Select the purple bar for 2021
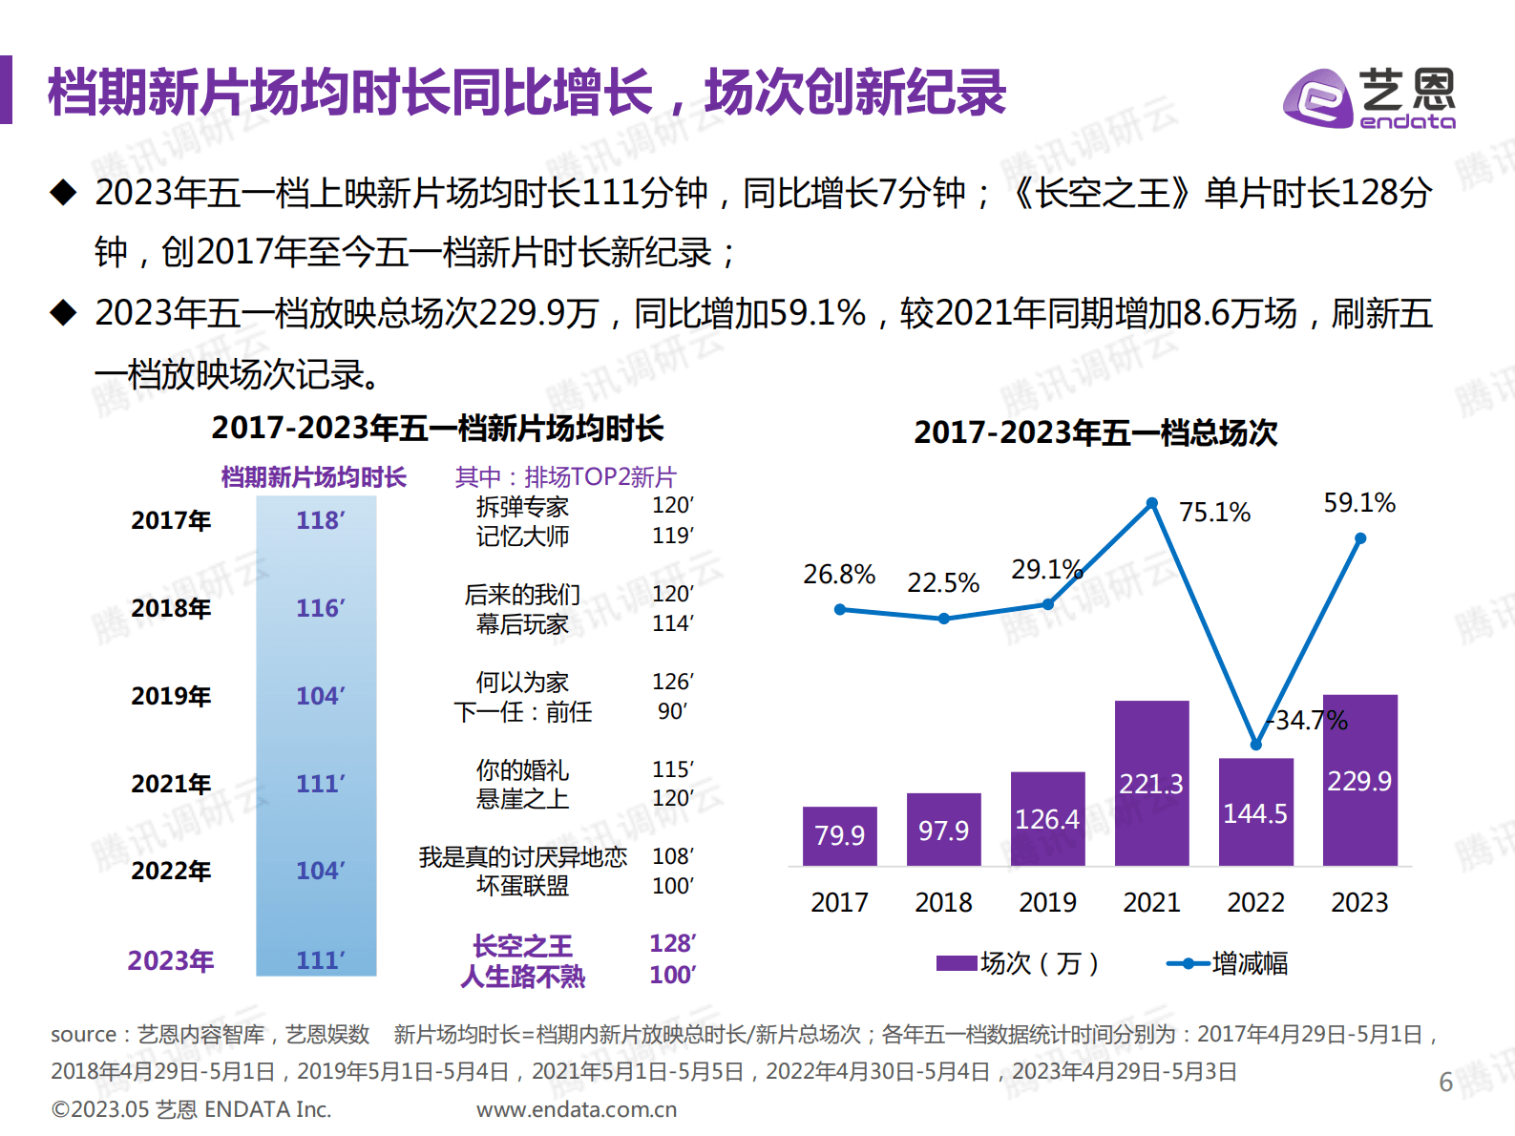point(1151,783)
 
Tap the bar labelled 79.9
point(839,835)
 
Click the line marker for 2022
point(1255,745)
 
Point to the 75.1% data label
point(1214,513)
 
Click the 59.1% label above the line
point(1358,503)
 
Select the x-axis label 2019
point(1047,902)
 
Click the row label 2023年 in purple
point(171,960)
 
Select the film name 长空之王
point(522,946)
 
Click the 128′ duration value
point(672,944)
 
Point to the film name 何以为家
point(522,682)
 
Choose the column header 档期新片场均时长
point(313,476)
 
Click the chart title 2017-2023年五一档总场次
point(1095,432)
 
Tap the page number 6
point(1445,1082)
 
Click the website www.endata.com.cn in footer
point(577,1109)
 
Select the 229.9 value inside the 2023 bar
point(1359,782)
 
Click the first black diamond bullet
point(63,193)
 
